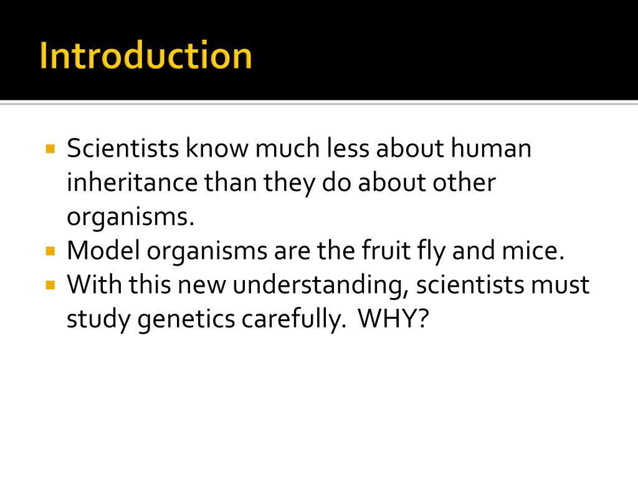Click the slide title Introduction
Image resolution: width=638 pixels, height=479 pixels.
coord(146,56)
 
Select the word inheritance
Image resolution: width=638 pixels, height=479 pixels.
coord(131,183)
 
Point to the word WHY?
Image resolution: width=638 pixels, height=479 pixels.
coord(394,319)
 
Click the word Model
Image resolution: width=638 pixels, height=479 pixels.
coord(103,251)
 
